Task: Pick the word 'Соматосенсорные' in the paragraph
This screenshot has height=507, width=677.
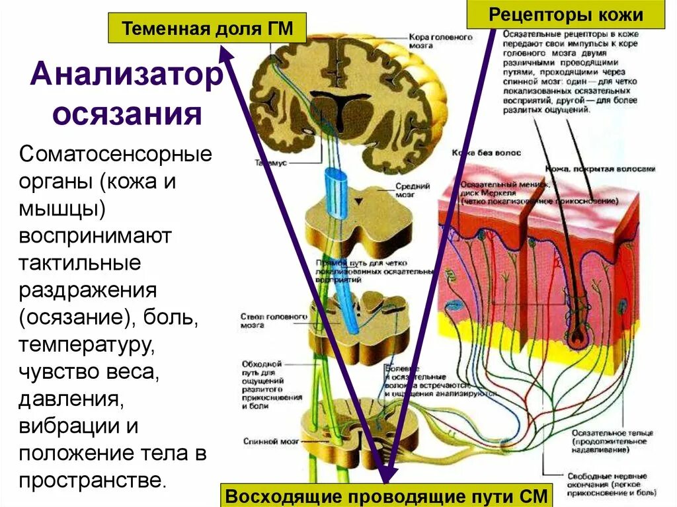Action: pos(116,157)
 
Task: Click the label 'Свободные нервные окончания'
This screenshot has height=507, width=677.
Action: pos(606,480)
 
